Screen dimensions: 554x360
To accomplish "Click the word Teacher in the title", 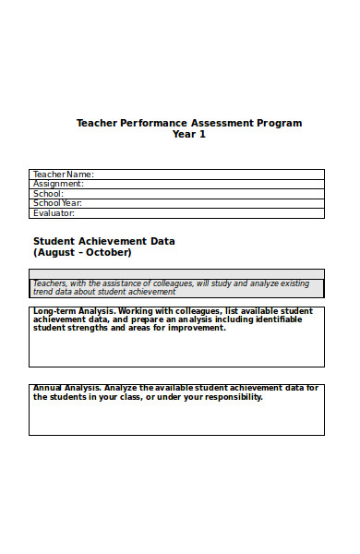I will pyautogui.click(x=97, y=123).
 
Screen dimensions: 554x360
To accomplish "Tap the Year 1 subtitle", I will pyautogui.click(x=189, y=135).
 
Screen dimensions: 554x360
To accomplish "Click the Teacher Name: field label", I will pyautogui.click(x=63, y=174).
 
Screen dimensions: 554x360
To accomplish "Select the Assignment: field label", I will pyautogui.click(x=58, y=184).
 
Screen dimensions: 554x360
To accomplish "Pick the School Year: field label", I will pyautogui.click(x=57, y=203).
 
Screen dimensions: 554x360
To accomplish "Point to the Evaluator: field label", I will pyautogui.click(x=54, y=213).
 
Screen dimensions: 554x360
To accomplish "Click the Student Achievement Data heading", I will pyautogui.click(x=104, y=241).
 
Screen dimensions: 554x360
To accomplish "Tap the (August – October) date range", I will pyautogui.click(x=82, y=252).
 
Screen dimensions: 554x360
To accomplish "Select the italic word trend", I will pyautogui.click(x=44, y=292).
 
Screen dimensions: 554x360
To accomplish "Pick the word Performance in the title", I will pyautogui.click(x=153, y=123).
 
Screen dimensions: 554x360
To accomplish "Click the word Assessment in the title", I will pyautogui.click(x=220, y=123).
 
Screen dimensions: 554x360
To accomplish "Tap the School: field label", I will pyautogui.click(x=48, y=193).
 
